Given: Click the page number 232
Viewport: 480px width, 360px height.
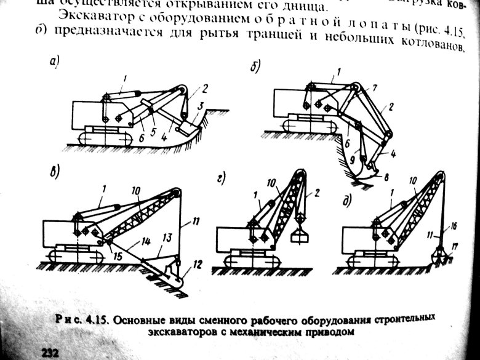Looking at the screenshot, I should [50, 351].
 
